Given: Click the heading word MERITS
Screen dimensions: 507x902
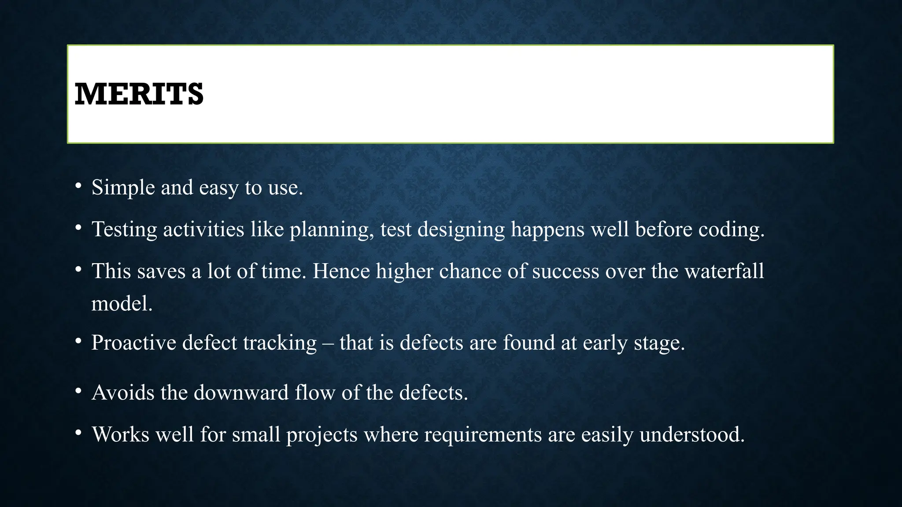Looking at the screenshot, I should pos(139,94).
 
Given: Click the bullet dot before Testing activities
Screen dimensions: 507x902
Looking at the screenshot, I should pos(78,228).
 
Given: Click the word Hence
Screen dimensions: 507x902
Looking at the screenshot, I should pos(341,271).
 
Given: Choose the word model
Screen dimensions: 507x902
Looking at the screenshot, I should pos(122,304).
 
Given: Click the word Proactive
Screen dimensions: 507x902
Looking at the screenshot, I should pos(133,343).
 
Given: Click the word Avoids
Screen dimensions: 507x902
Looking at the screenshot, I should pos(123,393).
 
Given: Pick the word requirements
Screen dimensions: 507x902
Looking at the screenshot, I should pos(483,435).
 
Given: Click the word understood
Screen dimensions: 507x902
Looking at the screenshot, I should pos(691,435).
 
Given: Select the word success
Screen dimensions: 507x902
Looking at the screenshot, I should pos(566,271).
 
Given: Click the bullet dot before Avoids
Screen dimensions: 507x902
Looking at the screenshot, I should pos(78,391).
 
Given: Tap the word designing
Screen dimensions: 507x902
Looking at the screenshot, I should pos(461,230).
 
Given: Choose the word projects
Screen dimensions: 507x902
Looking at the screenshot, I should pos(322,435).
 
